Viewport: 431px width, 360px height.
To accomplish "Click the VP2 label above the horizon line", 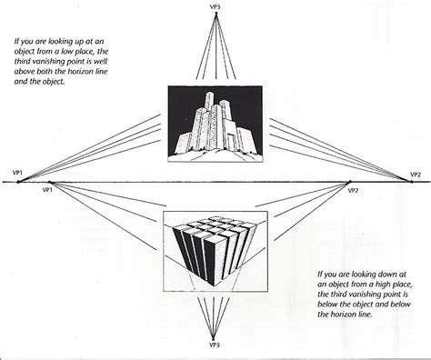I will pyautogui.click(x=414, y=173).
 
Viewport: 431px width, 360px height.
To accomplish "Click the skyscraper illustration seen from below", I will pyautogui.click(x=215, y=123).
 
